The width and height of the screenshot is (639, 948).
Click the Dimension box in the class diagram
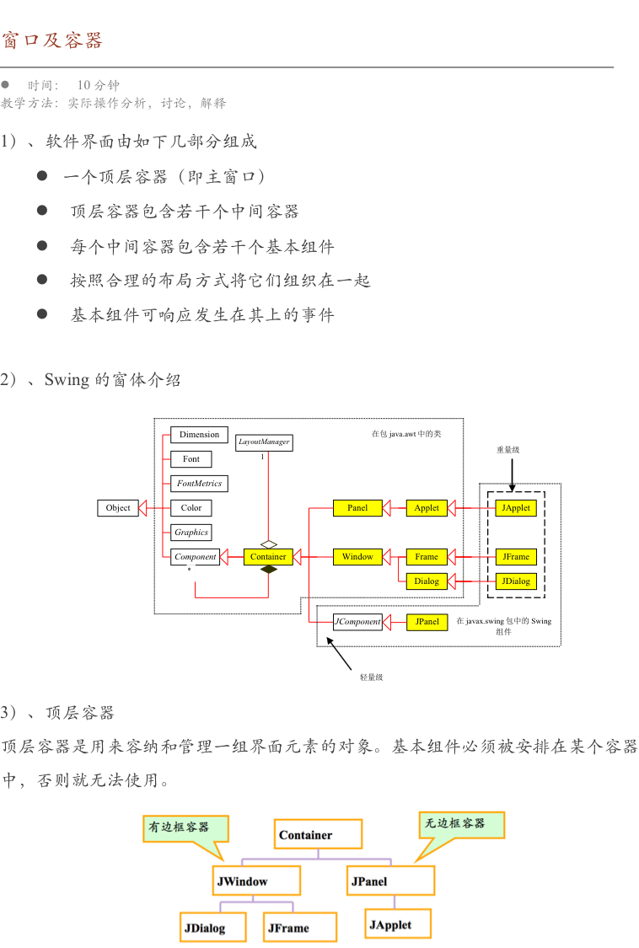click(199, 435)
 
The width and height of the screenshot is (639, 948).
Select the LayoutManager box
click(264, 442)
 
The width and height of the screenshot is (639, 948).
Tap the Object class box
click(118, 507)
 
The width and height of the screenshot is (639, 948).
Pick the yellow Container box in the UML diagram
click(268, 556)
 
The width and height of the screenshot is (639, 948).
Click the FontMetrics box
click(199, 484)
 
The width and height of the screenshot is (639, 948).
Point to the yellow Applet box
click(427, 508)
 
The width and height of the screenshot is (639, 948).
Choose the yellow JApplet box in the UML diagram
click(515, 508)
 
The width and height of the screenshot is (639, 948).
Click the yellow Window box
click(357, 557)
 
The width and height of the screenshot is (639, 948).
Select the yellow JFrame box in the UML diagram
click(515, 557)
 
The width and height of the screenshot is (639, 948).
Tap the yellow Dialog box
click(427, 581)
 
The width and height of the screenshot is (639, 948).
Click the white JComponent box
click(357, 622)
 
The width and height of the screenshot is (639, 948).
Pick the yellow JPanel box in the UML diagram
click(427, 622)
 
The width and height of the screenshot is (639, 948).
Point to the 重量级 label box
click(507, 451)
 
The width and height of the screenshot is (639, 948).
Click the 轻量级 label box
click(371, 678)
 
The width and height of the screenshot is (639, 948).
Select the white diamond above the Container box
click(268, 544)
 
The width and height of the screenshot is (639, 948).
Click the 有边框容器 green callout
click(179, 827)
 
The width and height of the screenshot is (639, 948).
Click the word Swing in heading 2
click(66, 379)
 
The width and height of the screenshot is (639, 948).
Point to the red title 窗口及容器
click(52, 40)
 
